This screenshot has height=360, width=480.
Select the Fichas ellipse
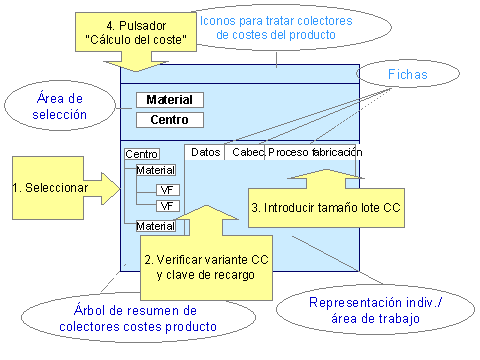(400, 72)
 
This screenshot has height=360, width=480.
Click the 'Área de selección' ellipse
(60, 106)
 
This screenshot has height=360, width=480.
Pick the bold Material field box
(170, 100)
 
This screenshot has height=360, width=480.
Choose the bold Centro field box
(170, 121)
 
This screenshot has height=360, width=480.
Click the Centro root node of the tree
(141, 154)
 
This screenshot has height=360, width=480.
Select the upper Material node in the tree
(155, 171)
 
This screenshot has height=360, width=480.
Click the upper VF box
(166, 188)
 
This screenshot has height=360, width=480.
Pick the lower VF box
(166, 205)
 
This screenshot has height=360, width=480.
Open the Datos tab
(204, 152)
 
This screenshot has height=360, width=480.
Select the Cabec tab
(246, 152)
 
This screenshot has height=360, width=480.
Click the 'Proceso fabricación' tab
(314, 152)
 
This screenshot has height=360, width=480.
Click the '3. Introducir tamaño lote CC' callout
(325, 207)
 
